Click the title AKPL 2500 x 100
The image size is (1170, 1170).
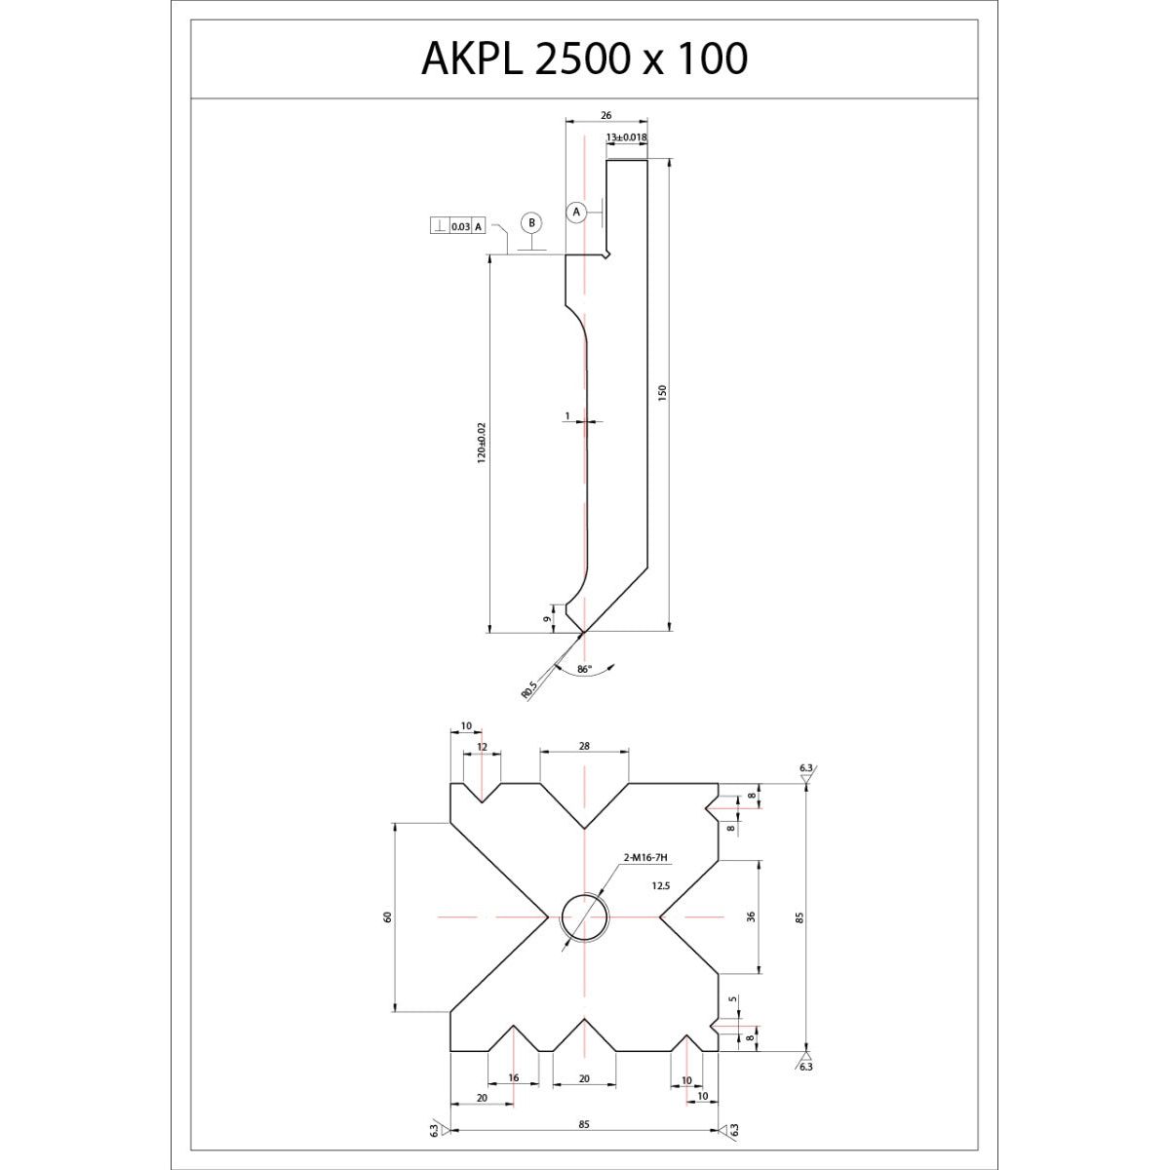click(584, 58)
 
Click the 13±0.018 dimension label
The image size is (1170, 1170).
click(627, 137)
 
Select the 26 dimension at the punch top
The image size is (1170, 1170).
click(605, 115)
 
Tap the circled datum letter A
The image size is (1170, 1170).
click(576, 213)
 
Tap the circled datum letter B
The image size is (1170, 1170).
click(532, 223)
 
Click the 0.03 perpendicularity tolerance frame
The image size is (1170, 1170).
click(458, 226)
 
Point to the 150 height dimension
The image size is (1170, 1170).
click(662, 392)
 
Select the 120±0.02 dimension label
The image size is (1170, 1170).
click(482, 444)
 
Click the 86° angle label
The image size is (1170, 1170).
click(584, 669)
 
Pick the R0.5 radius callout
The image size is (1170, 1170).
click(528, 689)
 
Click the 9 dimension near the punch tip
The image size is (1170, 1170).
click(547, 619)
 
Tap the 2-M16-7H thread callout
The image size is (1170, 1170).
click(645, 858)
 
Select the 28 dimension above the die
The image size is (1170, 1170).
click(584, 746)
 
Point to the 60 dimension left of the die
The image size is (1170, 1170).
click(388, 916)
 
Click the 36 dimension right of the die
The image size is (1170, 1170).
click(751, 916)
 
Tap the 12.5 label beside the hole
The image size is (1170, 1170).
click(661, 886)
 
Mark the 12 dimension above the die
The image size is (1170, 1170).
click(482, 747)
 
